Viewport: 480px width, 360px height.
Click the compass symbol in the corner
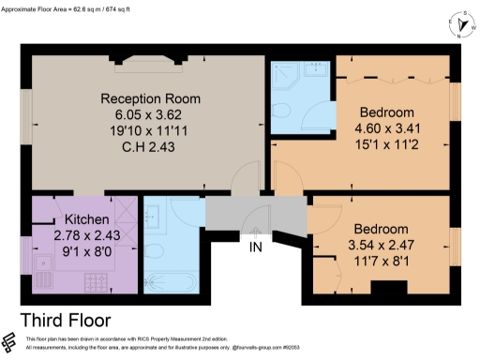tap(457, 25)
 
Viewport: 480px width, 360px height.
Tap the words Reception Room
tap(151, 98)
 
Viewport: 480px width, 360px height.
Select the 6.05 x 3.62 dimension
tap(151, 114)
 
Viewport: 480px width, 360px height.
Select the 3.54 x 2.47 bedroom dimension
tap(381, 245)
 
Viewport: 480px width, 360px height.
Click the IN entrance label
tap(256, 249)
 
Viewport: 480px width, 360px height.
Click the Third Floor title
tap(65, 319)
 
